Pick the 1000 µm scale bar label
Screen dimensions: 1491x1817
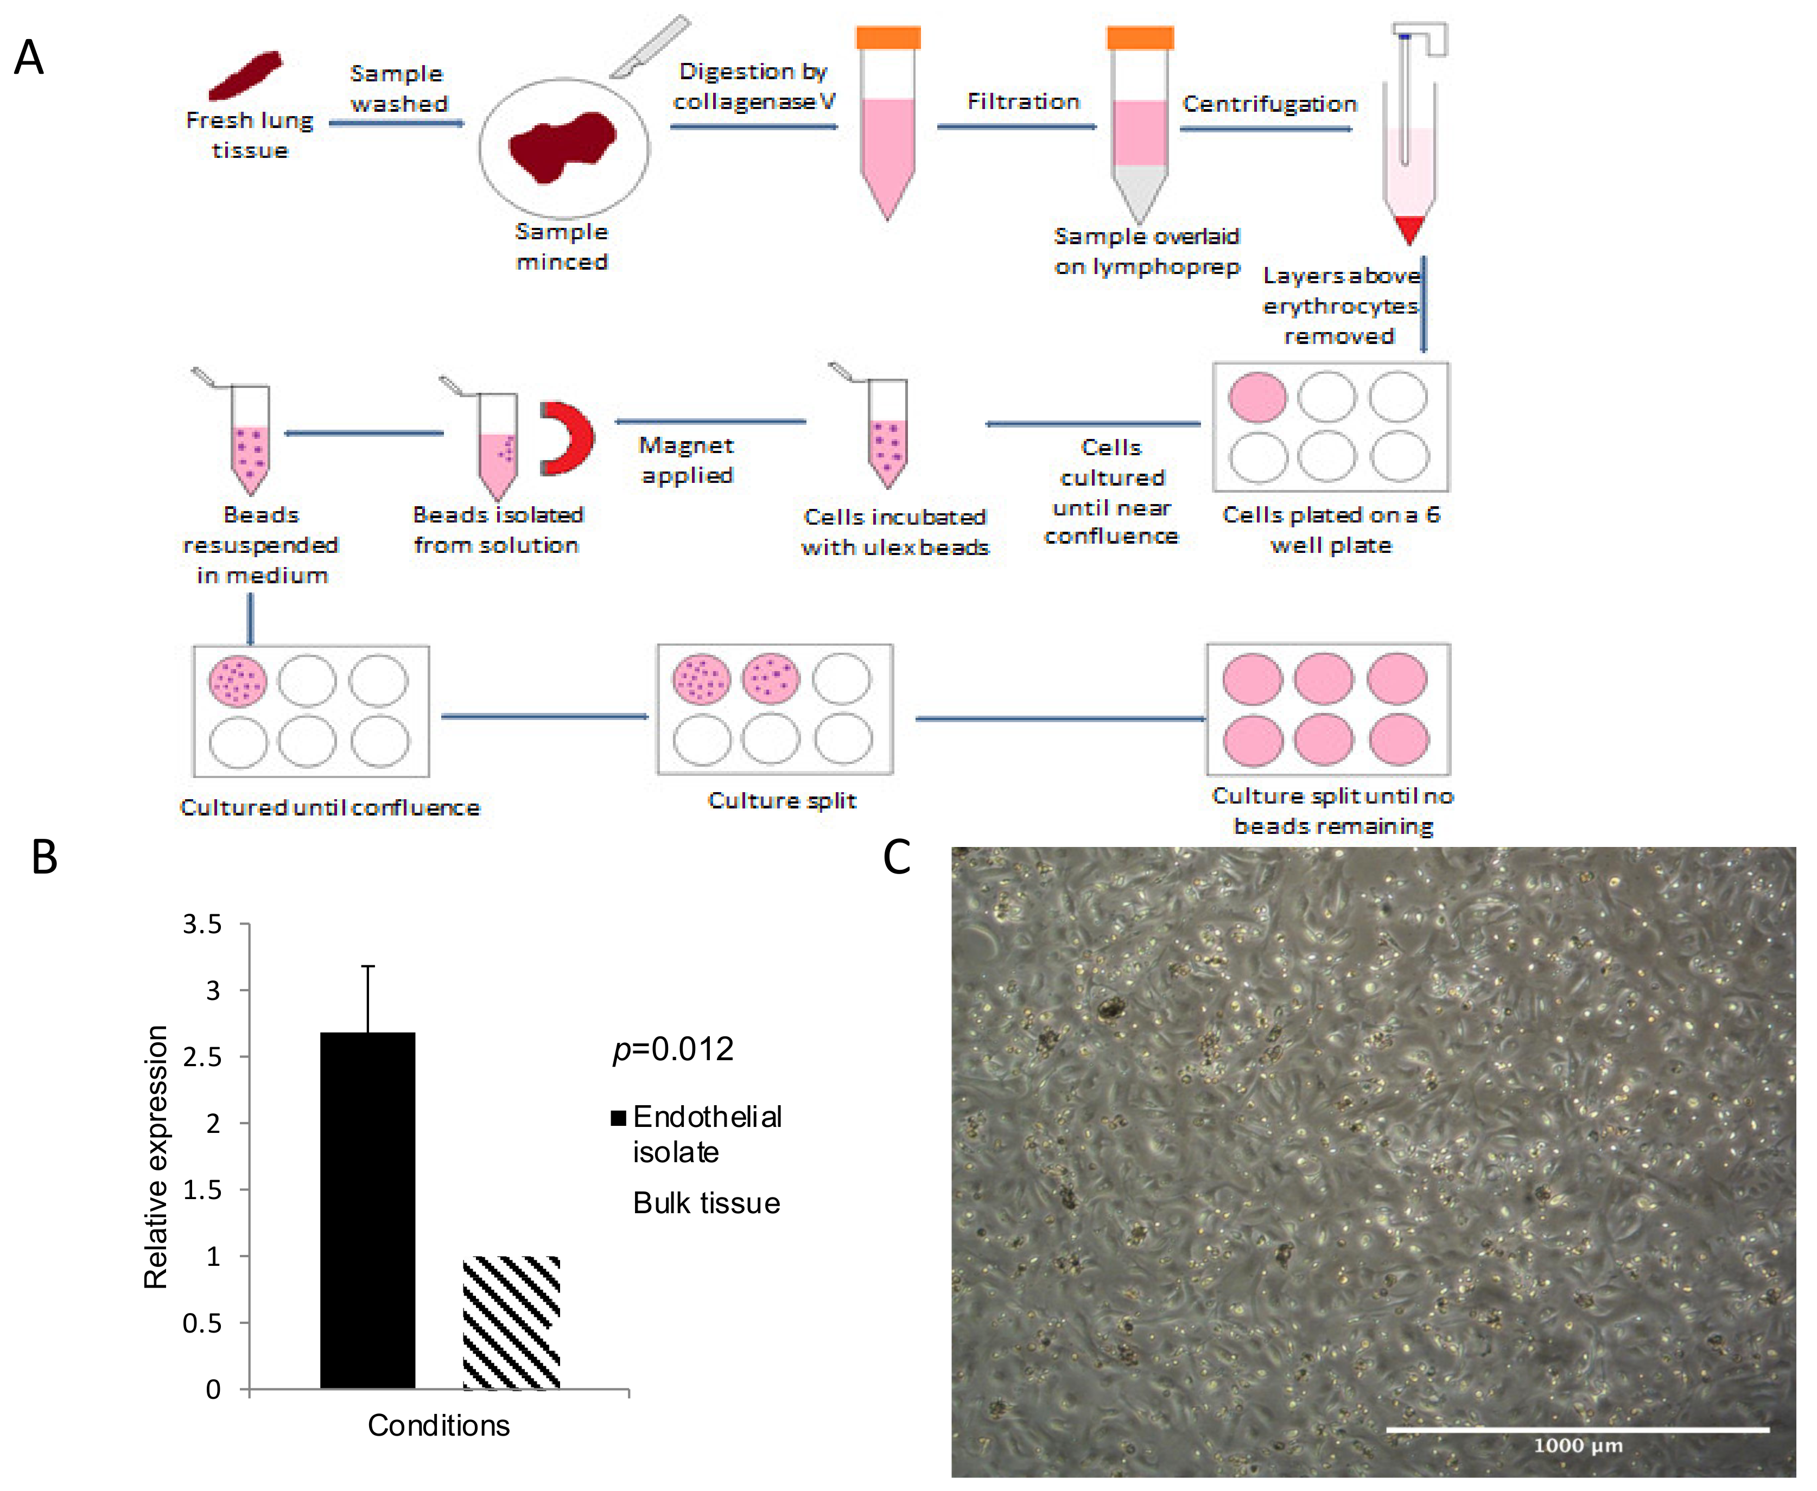1578,1445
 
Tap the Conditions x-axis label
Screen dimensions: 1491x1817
438,1426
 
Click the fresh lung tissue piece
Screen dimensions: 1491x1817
246,75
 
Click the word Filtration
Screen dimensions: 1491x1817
1023,101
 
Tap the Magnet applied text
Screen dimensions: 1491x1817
687,460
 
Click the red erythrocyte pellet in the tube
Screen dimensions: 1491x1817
1409,228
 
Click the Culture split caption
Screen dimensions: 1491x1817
782,800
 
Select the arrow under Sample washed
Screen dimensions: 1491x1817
396,124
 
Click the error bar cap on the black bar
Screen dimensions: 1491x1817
368,966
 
